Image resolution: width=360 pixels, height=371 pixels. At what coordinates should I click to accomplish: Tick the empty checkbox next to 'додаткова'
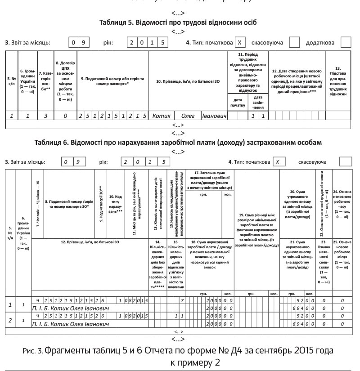[346, 43]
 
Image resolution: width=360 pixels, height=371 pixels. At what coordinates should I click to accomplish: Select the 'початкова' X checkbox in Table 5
[241, 43]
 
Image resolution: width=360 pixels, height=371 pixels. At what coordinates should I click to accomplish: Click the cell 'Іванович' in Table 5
[213, 116]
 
